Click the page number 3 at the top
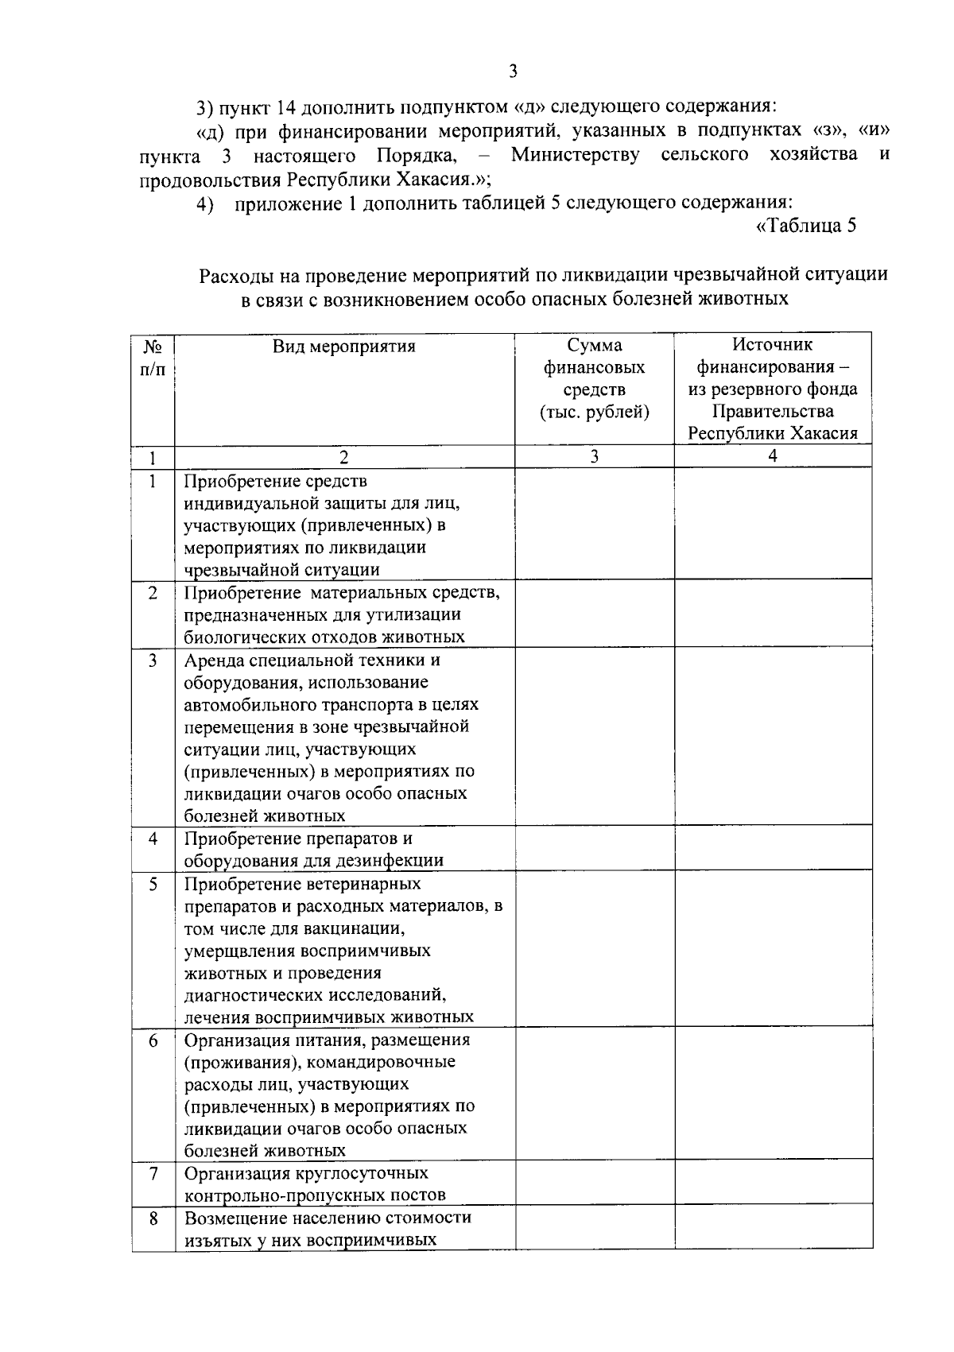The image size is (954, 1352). pos(513,72)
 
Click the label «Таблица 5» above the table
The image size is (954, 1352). pos(805,226)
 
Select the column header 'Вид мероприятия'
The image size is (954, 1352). pos(344,347)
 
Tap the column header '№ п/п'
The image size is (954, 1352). pos(153,358)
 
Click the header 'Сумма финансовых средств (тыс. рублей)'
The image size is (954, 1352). pos(594,378)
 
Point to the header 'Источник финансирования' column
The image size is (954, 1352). pos(773,389)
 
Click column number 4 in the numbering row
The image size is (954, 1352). pos(773,456)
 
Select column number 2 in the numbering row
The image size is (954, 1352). pos(344,457)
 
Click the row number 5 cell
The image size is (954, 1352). pos(153,884)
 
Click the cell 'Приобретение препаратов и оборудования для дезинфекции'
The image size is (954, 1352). pos(313,850)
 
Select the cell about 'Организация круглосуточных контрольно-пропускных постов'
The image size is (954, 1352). pos(315,1184)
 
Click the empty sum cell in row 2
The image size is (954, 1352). pos(594,614)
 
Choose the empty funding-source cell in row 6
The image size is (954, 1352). pos(773,1094)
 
